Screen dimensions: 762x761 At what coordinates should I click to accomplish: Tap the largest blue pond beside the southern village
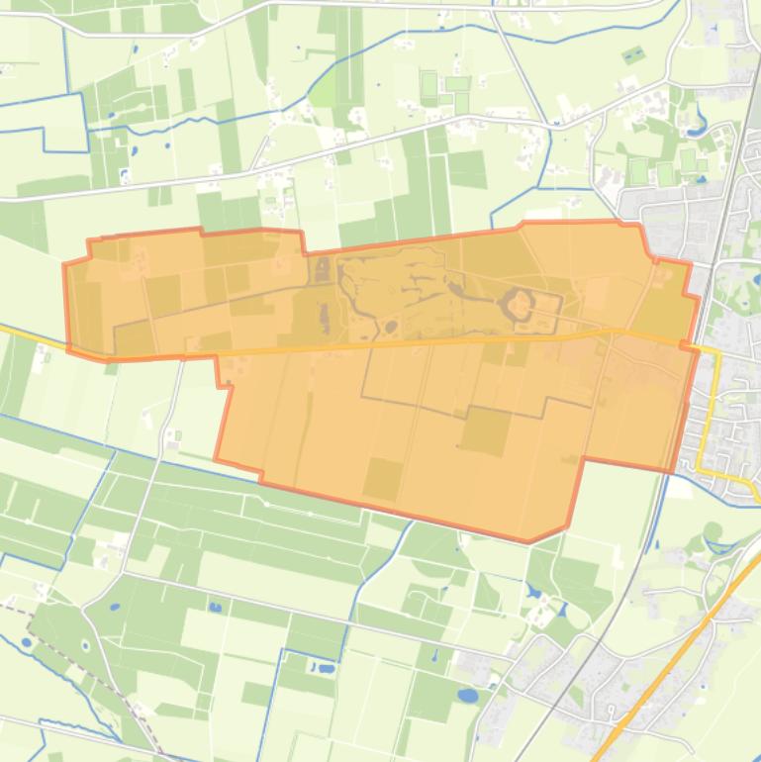[467, 695]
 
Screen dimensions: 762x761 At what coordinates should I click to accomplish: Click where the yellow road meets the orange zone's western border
[69, 347]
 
